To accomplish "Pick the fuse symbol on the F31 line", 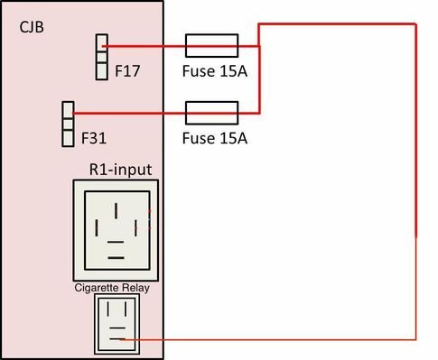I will click(x=211, y=113).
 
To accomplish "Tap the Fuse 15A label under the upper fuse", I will click(x=214, y=69).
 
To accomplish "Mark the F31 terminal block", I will click(x=67, y=124).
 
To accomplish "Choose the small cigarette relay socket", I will click(x=116, y=325).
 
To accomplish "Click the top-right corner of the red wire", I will click(x=415, y=22).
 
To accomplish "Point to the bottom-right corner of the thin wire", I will click(x=415, y=339).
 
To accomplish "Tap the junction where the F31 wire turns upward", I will click(x=260, y=113).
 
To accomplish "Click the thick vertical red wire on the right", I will click(x=415, y=126).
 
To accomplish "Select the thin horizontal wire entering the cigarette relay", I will click(x=271, y=339).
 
